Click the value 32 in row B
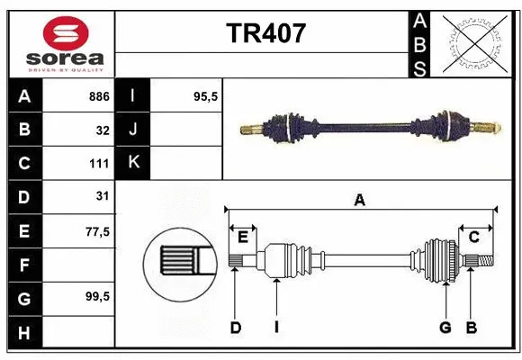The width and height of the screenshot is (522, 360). point(103,130)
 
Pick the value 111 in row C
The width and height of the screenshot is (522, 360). point(99,164)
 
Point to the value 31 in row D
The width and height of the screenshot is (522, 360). point(103,197)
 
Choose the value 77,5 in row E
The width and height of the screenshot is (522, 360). point(98,231)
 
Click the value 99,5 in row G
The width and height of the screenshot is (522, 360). point(98,297)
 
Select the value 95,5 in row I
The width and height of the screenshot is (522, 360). point(206,96)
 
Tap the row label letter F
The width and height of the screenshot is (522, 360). point(24,265)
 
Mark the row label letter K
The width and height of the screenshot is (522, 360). point(133,163)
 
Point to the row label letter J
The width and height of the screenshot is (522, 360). point(133,130)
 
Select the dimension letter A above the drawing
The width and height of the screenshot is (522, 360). point(360,201)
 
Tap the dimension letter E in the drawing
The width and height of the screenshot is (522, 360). point(243,237)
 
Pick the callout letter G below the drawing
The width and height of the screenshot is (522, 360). point(445,328)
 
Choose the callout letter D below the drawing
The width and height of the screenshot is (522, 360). point(235,328)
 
